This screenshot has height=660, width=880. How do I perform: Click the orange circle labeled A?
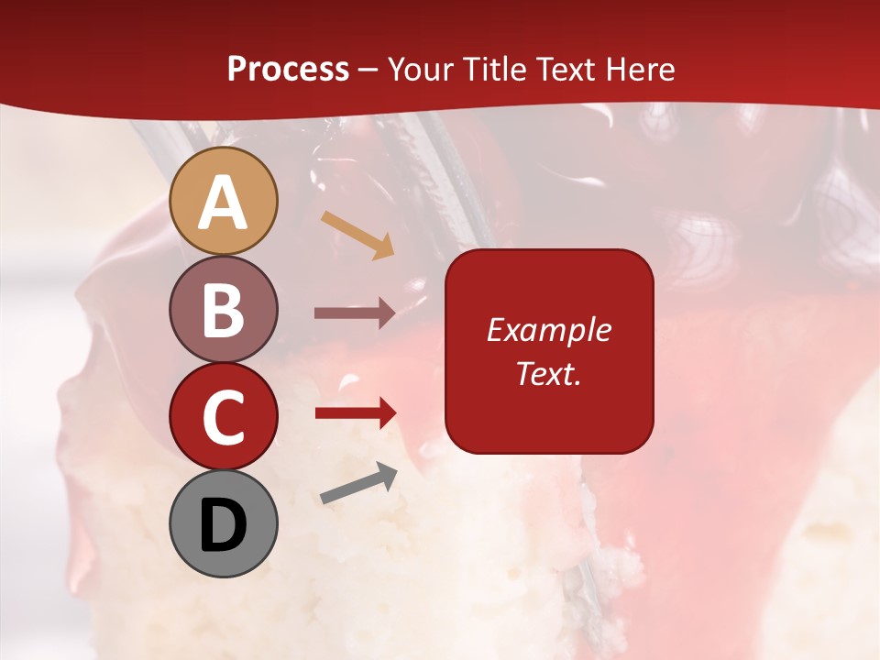(224, 201)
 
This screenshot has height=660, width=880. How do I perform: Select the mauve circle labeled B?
(224, 309)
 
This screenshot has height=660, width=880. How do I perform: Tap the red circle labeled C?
(224, 416)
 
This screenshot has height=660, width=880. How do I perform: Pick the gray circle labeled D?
(224, 523)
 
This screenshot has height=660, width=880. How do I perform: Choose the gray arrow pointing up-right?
(358, 483)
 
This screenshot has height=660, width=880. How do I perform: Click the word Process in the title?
(288, 70)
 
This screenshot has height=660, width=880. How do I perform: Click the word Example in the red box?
(548, 330)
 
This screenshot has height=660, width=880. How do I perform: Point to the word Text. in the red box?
(548, 373)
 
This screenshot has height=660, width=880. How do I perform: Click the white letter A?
(224, 203)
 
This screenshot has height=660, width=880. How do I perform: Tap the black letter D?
(224, 525)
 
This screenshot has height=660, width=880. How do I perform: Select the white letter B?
(224, 310)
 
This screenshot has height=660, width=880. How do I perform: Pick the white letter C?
(224, 417)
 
